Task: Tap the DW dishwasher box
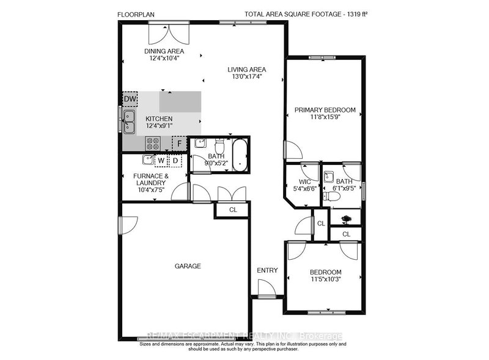[130, 99]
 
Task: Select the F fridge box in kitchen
[180, 144]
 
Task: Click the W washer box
[161, 161]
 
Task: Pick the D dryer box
[175, 161]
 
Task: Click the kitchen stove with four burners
[153, 144]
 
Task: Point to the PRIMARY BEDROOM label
[325, 110]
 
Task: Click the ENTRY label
[267, 270]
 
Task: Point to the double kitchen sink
[129, 122]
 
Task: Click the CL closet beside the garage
[233, 210]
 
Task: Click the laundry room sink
[147, 160]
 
